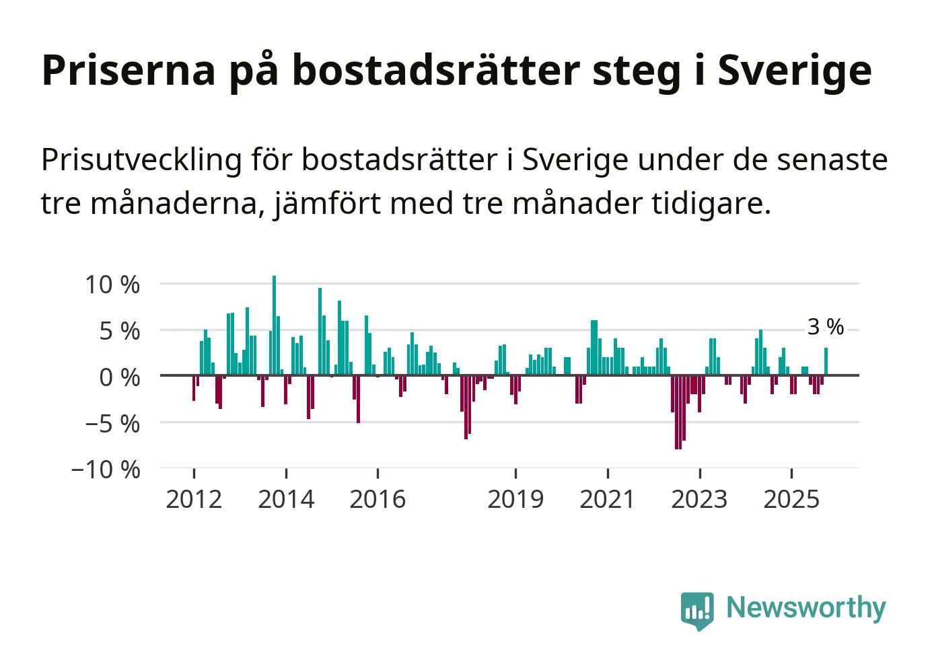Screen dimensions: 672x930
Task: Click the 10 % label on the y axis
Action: (x=112, y=285)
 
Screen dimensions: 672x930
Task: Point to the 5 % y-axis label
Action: (x=119, y=331)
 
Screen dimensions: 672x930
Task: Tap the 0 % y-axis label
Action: (x=119, y=377)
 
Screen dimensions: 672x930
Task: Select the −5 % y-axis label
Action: (x=112, y=424)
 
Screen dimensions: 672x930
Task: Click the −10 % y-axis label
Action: (x=106, y=469)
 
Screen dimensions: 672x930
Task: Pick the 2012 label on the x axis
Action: (x=194, y=499)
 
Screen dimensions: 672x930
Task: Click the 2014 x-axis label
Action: (x=286, y=499)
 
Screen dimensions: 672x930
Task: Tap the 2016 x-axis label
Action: (x=378, y=499)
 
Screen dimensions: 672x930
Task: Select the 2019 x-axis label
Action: (x=515, y=499)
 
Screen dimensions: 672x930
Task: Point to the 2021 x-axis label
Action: (x=607, y=499)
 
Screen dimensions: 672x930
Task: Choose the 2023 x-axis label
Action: (x=699, y=499)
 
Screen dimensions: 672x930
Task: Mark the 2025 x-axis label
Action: (x=791, y=499)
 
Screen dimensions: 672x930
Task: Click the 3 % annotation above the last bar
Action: (x=825, y=327)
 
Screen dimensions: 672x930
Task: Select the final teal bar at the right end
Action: (x=826, y=362)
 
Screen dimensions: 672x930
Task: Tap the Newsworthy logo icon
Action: (x=697, y=610)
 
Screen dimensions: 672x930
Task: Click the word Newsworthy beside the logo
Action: (x=806, y=607)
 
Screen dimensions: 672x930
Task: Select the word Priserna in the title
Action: (x=129, y=70)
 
